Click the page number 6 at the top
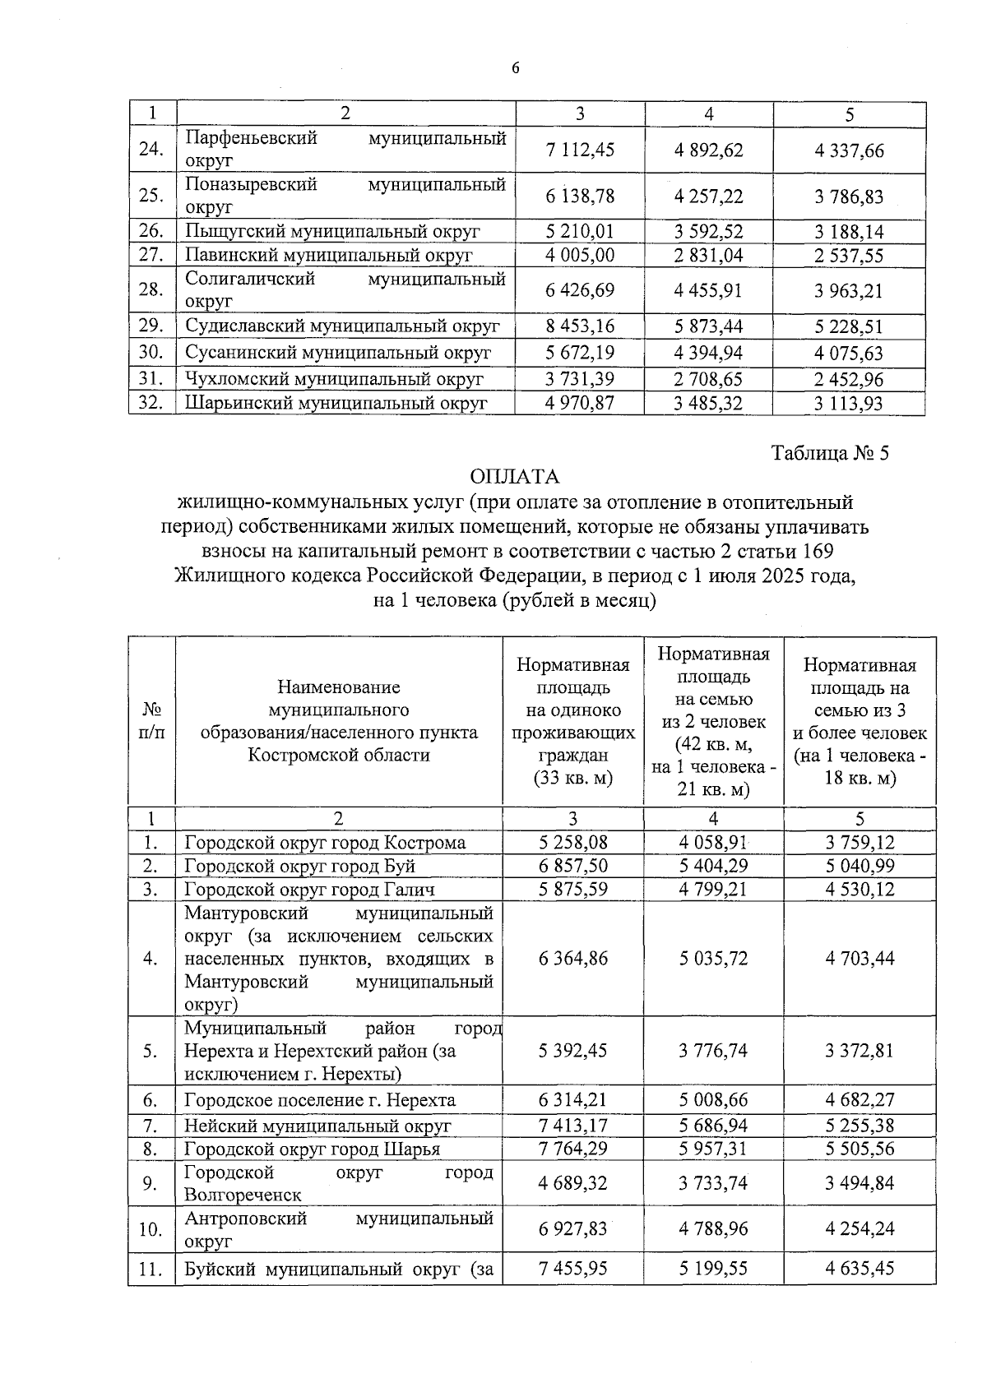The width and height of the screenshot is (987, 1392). pyautogui.click(x=516, y=69)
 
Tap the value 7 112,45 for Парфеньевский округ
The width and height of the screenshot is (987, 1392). pyautogui.click(x=580, y=150)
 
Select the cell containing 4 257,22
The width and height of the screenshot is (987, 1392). pyautogui.click(x=708, y=196)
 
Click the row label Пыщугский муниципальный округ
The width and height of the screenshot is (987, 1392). pyautogui.click(x=332, y=232)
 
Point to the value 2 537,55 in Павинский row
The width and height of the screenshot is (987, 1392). pyautogui.click(x=849, y=256)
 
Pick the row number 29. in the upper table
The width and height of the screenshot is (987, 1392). pyautogui.click(x=151, y=326)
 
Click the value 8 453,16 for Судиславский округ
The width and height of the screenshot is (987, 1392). pyautogui.click(x=580, y=326)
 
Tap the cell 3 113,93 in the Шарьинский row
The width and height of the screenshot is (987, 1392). pyautogui.click(x=849, y=404)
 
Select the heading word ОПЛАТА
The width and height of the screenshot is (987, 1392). pyautogui.click(x=515, y=477)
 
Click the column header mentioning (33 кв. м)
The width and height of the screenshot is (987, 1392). pyautogui.click(x=573, y=721)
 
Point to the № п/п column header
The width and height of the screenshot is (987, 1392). pyautogui.click(x=152, y=721)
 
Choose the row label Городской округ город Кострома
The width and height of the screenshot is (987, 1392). pyautogui.click(x=325, y=843)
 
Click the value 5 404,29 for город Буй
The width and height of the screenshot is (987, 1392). pyautogui.click(x=713, y=866)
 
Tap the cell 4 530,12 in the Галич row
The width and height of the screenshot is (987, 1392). pyautogui.click(x=860, y=889)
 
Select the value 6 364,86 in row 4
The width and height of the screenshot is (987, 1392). pyautogui.click(x=573, y=958)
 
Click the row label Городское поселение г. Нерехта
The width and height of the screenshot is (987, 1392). pyautogui.click(x=320, y=1100)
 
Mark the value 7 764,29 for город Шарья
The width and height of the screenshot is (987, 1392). pyautogui.click(x=573, y=1149)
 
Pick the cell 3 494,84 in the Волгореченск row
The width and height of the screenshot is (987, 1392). pyautogui.click(x=860, y=1183)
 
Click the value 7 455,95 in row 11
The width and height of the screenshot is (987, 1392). pyautogui.click(x=573, y=1269)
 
